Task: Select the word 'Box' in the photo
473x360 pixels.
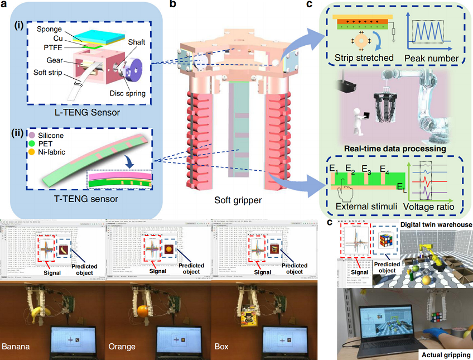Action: [221, 347]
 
